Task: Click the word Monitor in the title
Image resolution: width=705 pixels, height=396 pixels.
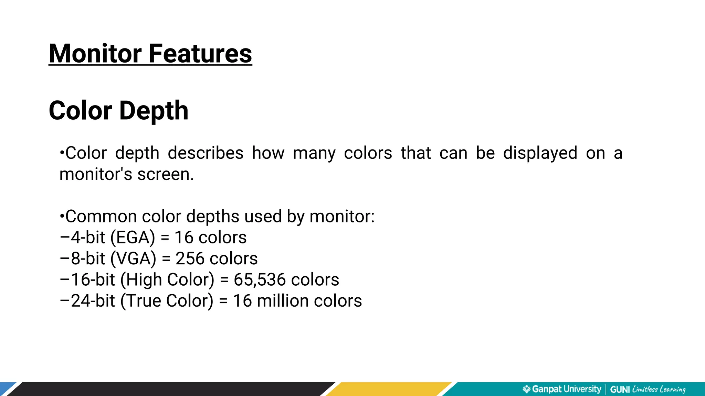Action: [95, 54]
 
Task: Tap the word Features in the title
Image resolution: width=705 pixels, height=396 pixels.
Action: [200, 54]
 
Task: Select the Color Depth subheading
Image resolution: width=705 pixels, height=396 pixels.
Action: [118, 111]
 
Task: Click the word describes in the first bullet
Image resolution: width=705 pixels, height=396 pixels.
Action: [206, 153]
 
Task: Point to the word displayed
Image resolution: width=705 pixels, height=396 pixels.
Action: [540, 153]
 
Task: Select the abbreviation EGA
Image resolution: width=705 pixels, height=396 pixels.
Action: [133, 238]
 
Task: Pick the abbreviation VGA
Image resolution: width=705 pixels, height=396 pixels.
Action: [133, 258]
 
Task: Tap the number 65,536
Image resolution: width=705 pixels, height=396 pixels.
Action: [260, 280]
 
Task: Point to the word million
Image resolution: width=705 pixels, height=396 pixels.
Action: [282, 301]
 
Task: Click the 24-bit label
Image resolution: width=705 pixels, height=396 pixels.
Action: [93, 301]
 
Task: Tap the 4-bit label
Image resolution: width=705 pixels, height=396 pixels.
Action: [88, 238]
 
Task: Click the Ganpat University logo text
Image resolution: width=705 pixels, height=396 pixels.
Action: [566, 389]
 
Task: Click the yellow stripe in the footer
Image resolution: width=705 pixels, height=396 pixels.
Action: [389, 389]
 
